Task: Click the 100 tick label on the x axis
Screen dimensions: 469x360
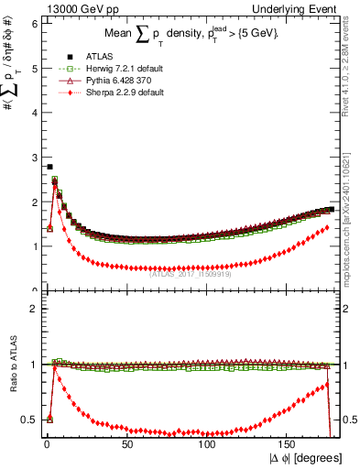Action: coord(208,442)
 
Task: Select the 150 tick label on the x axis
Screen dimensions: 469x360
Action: coord(289,442)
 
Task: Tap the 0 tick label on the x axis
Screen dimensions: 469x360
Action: coord(47,442)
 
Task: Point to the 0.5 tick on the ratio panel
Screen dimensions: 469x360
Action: coord(27,420)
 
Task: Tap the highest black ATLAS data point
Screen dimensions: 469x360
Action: coord(49,167)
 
